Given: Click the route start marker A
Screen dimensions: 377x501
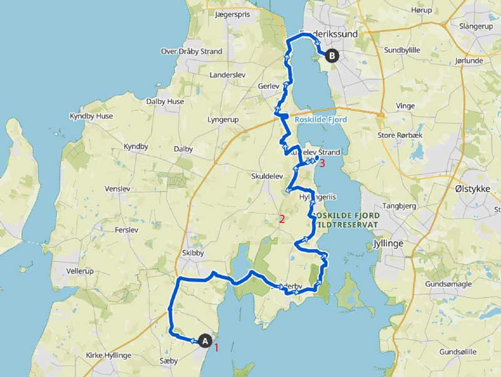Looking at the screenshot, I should pyautogui.click(x=204, y=341).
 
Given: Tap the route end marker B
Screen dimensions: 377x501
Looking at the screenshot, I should pyautogui.click(x=331, y=56).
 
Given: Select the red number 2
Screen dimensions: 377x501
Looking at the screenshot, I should pyautogui.click(x=282, y=219).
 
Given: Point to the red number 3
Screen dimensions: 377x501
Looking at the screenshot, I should pyautogui.click(x=323, y=163).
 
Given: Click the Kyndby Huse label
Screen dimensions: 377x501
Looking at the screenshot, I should pyautogui.click(x=91, y=116).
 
